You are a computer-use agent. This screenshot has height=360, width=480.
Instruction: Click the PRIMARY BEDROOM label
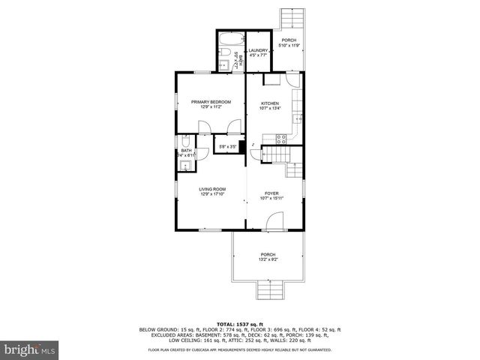click(x=210, y=101)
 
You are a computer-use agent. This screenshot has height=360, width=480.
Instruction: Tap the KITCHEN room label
click(x=270, y=103)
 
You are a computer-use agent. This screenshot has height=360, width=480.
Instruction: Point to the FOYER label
click(x=271, y=193)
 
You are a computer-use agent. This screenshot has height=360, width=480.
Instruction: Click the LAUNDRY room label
click(x=258, y=50)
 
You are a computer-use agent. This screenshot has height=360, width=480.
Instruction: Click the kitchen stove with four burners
click(x=282, y=138)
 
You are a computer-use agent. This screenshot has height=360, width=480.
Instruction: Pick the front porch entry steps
click(x=268, y=289)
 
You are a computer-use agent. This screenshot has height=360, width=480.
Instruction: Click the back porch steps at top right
click(x=289, y=19)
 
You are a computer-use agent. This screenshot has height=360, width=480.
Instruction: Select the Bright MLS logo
click(x=29, y=349)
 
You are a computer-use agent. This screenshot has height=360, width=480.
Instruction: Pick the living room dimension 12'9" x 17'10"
click(x=212, y=194)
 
